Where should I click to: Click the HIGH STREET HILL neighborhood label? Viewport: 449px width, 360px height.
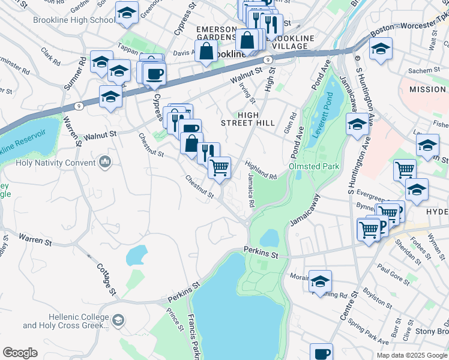pos(256,119)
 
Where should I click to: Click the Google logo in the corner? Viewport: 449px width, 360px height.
pos(20,353)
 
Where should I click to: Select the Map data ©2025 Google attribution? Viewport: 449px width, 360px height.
pos(412,355)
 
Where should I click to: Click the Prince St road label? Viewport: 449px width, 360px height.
pos(176,320)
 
